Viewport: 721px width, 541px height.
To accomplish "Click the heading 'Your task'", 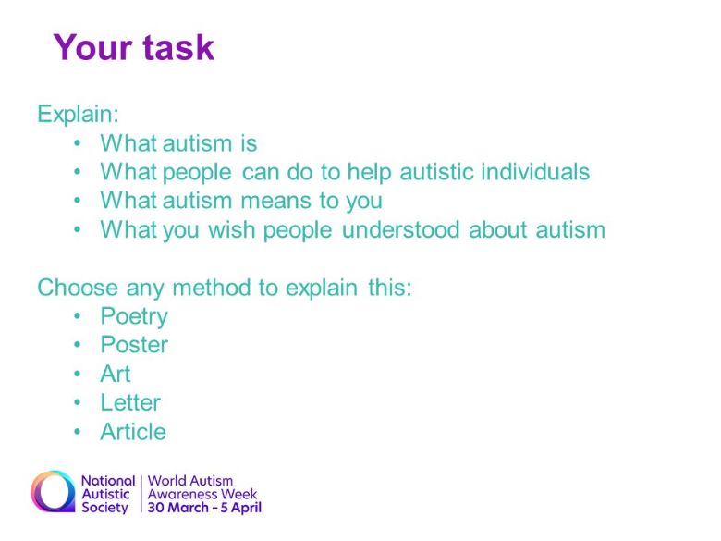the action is tap(134, 47).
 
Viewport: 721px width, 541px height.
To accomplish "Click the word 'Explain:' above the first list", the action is tap(78, 114).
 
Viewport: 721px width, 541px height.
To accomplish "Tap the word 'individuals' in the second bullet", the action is tap(535, 172).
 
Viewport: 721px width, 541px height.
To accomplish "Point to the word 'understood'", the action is tap(400, 229).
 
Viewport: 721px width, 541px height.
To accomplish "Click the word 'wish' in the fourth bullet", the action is tap(232, 229).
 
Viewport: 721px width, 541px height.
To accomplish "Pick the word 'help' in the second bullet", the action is tap(369, 173).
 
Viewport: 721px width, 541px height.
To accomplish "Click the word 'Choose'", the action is tap(78, 288).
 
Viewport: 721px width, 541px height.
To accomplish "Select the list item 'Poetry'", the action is tap(134, 317).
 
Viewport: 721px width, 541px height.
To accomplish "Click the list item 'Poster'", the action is tap(134, 345).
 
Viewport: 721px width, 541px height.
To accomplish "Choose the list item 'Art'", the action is tap(116, 374).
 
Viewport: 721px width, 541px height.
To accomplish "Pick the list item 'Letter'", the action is tap(130, 402).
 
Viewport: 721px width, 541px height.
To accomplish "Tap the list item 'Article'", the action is tap(133, 432).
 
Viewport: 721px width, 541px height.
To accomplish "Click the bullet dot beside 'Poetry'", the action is tap(78, 316).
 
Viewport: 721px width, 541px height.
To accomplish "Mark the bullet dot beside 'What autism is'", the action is tap(78, 143).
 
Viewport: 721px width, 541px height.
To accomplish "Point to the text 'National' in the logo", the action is tap(108, 481).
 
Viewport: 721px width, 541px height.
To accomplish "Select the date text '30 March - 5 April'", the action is tap(204, 508).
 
